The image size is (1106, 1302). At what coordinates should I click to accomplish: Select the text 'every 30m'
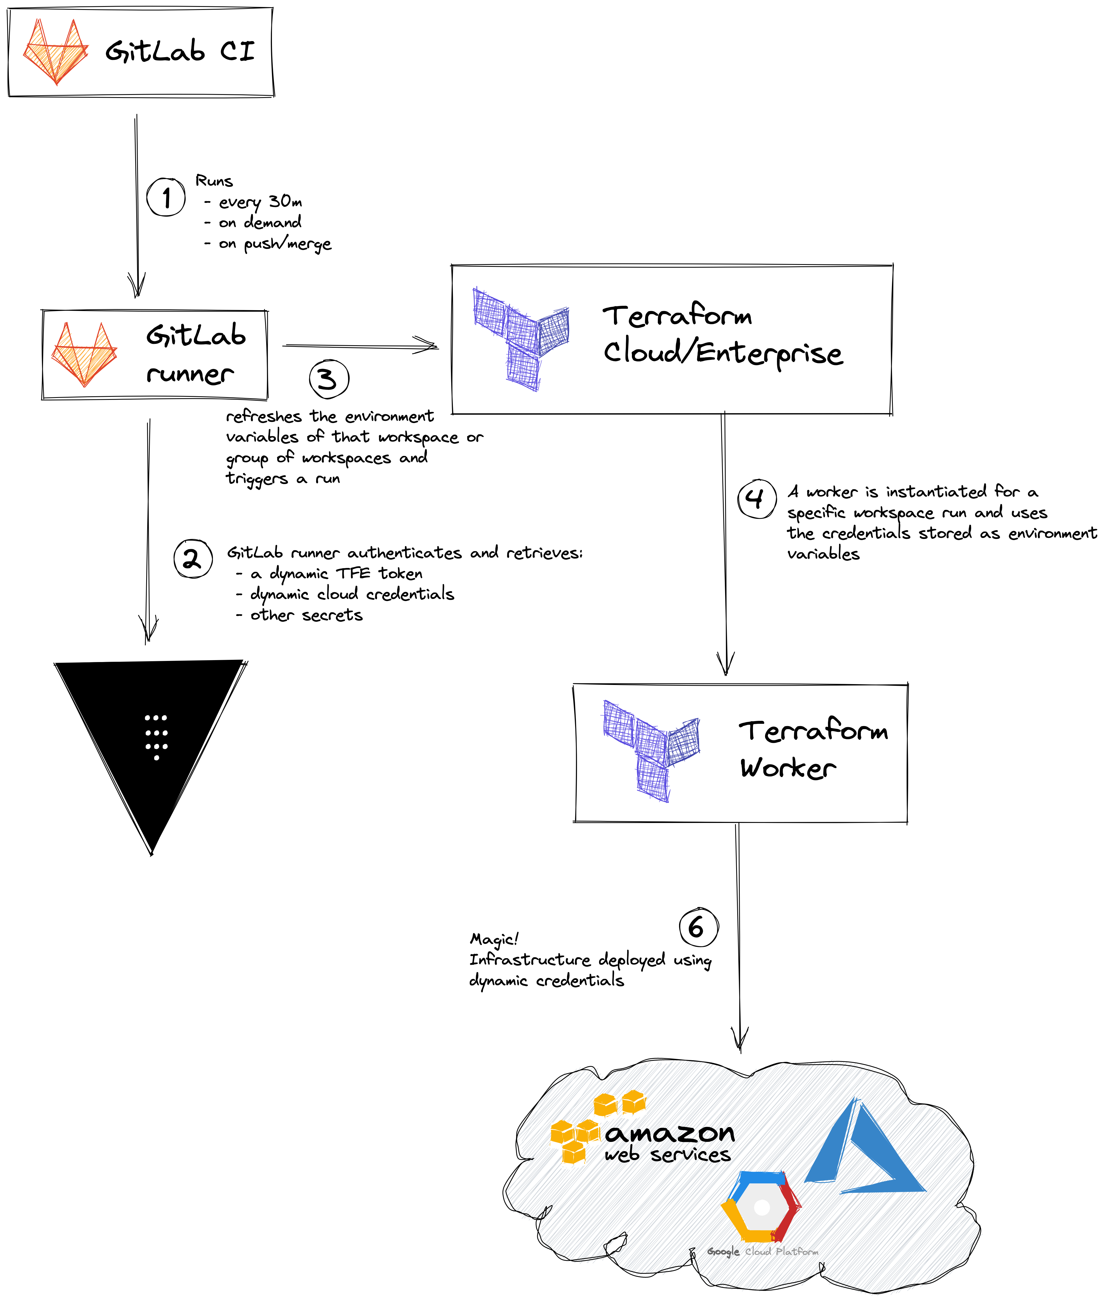coord(260,202)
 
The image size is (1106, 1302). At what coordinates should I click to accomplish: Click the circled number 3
coord(328,379)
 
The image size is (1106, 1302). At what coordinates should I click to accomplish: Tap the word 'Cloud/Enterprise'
coord(723,353)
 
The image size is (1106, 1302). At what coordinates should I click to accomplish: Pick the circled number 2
coord(193,558)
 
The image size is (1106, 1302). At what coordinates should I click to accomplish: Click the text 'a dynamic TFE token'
coord(337,573)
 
